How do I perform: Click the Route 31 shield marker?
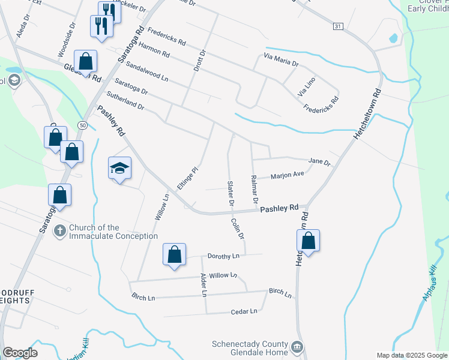[x=338, y=26]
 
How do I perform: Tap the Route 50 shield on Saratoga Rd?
[x=82, y=124]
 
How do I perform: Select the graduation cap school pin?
[x=119, y=169]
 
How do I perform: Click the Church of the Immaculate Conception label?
[x=113, y=232]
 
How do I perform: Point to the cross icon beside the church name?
[x=59, y=230]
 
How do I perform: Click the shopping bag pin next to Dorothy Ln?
[x=174, y=254]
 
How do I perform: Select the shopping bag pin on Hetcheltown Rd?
[x=308, y=241]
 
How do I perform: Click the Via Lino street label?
[x=306, y=89]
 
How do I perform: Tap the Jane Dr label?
[x=319, y=162]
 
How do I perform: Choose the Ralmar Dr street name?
[x=255, y=188]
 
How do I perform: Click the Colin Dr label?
[x=238, y=227]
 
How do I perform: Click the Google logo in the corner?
[x=20, y=353]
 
